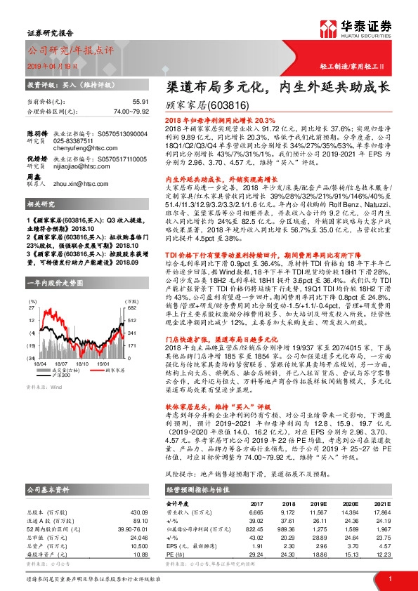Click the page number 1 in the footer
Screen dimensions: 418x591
tap(389, 578)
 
